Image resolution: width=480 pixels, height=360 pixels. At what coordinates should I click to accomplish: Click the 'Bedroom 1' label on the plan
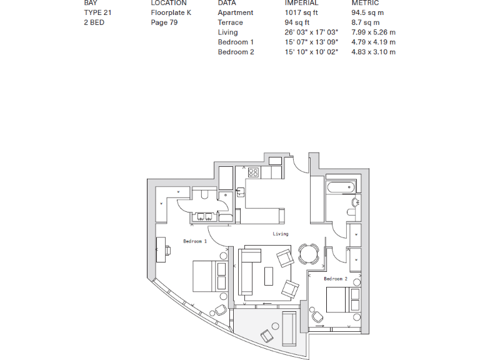click(194, 241)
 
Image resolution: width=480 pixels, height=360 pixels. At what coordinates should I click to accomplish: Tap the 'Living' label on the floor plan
click(281, 234)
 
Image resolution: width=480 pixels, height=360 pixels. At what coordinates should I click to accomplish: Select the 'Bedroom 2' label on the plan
click(336, 279)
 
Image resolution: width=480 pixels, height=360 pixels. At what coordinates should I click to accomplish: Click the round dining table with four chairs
click(308, 254)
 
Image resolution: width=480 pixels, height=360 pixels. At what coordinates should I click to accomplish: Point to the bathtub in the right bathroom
click(341, 187)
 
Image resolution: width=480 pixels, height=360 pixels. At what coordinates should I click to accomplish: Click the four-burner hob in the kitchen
click(254, 172)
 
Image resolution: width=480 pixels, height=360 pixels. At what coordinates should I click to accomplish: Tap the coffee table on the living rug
click(269, 276)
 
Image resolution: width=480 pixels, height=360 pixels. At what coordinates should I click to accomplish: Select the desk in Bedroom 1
click(160, 251)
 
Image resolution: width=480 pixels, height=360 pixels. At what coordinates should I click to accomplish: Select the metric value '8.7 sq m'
click(366, 22)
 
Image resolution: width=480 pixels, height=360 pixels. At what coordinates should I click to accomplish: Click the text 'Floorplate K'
click(171, 12)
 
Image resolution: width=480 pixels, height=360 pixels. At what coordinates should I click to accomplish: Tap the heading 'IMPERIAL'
click(301, 3)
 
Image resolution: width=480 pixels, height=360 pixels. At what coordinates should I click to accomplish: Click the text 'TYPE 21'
click(97, 12)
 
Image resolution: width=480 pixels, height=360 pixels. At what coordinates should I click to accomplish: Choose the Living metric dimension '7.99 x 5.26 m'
click(373, 32)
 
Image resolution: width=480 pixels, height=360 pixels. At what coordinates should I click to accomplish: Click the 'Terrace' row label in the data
click(230, 22)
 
